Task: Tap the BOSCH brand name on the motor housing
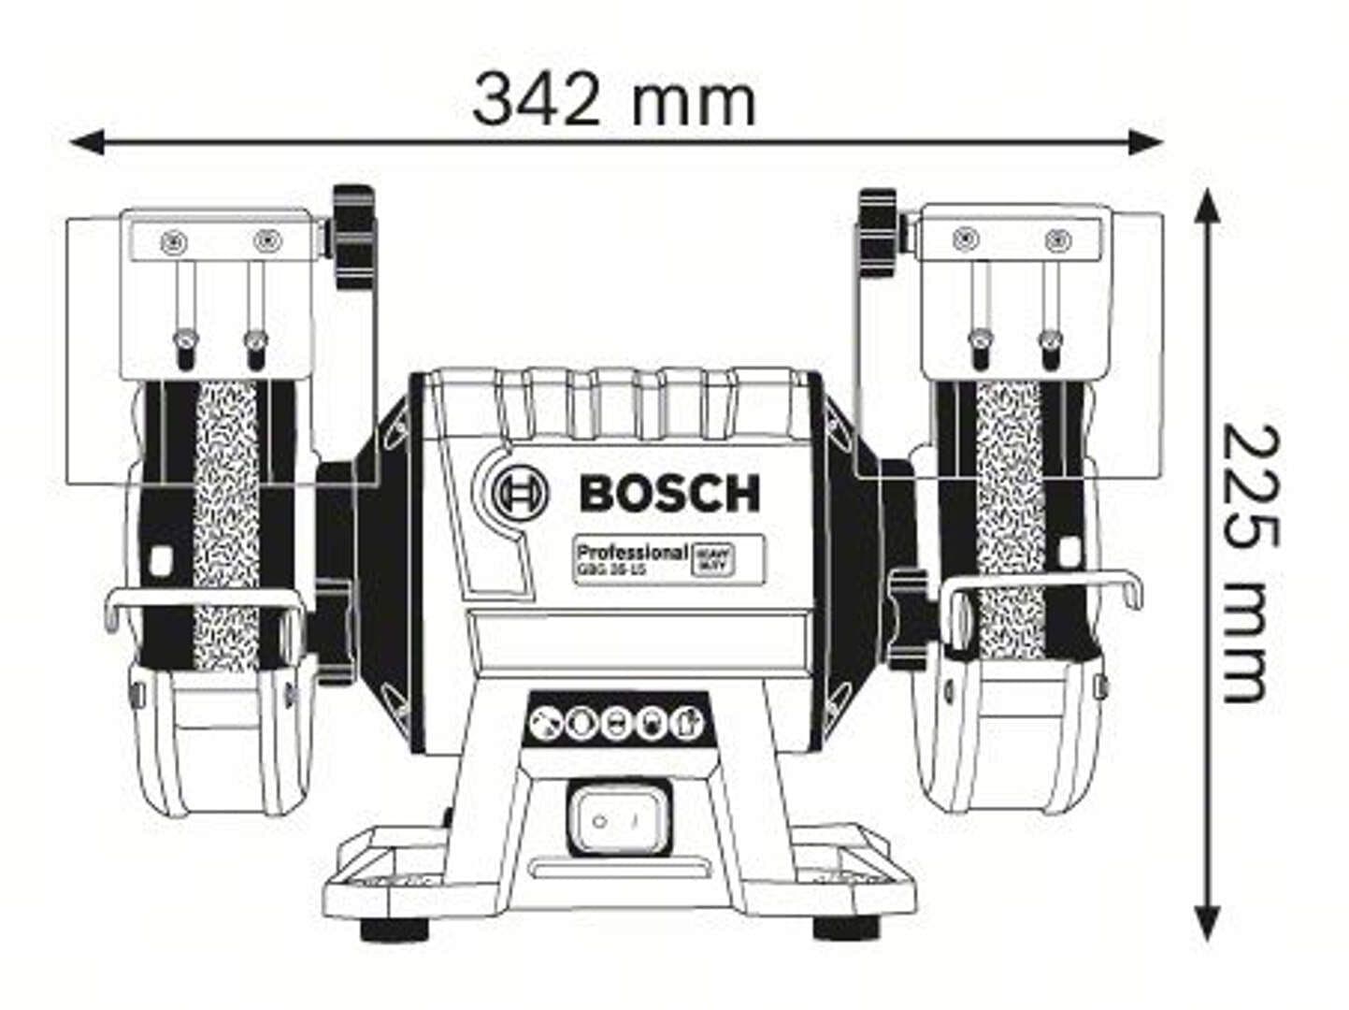(669, 493)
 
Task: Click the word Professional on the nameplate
(632, 552)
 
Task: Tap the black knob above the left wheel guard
(352, 238)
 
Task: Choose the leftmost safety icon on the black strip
(542, 723)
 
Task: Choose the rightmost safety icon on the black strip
(686, 723)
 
